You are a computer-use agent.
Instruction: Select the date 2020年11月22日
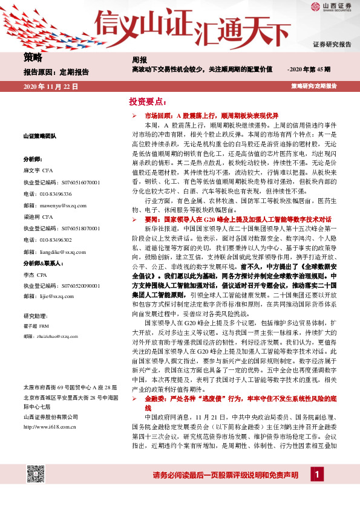point(50,86)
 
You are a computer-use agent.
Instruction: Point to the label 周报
point(139,60)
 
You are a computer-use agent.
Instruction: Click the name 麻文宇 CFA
point(39,170)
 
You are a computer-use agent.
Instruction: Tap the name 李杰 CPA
point(36,275)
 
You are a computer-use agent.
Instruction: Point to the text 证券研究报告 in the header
point(332,45)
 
